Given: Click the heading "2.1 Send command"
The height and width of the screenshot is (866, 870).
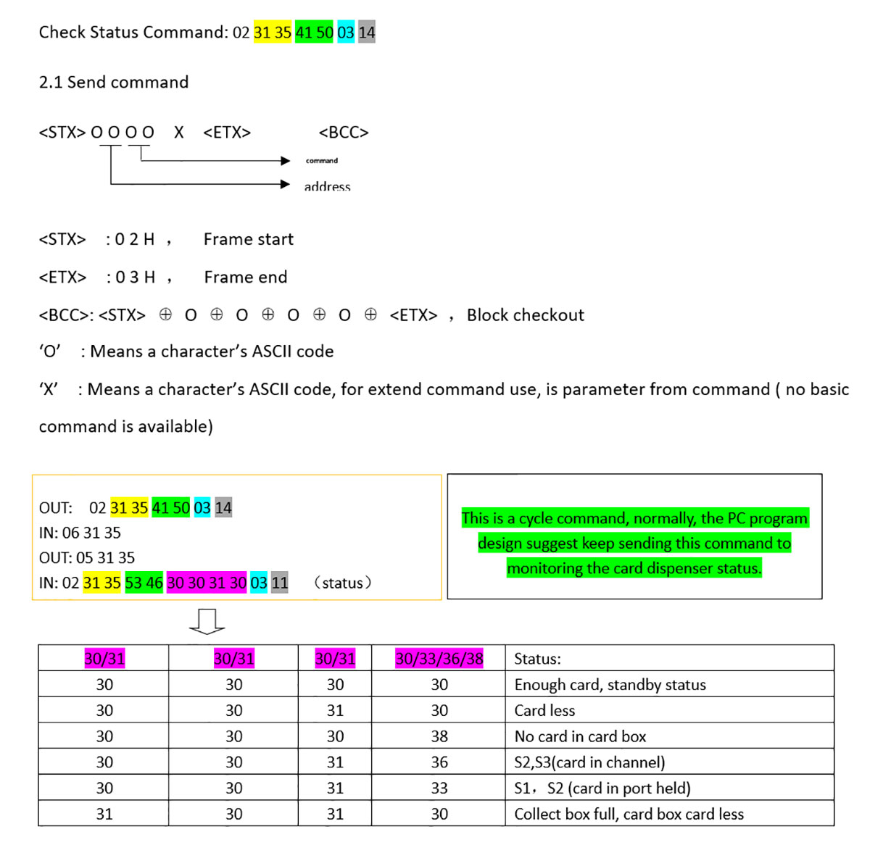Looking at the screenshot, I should [x=113, y=83].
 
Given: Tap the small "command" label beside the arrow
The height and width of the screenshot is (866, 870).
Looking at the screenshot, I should [x=321, y=161].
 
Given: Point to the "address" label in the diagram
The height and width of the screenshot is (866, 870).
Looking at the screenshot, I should [x=327, y=187].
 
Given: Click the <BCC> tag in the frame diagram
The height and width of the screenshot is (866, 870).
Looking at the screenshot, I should [x=344, y=133].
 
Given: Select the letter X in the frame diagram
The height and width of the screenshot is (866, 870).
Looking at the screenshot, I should [x=178, y=133].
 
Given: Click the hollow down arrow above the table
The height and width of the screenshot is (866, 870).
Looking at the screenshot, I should [x=207, y=622].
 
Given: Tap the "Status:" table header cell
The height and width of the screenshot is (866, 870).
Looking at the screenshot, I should [x=537, y=659].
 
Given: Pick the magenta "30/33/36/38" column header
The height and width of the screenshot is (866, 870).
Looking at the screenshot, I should [x=439, y=659].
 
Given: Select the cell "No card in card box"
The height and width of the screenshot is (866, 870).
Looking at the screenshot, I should [x=580, y=736].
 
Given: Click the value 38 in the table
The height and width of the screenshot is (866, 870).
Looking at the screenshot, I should [x=439, y=736].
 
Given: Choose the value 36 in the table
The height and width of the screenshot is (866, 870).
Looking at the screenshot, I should [x=439, y=762].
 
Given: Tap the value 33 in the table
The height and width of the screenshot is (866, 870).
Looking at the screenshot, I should [x=439, y=788].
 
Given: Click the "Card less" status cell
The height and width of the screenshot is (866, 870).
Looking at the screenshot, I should [x=544, y=711].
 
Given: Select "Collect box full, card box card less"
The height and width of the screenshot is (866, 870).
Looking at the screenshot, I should [x=629, y=815].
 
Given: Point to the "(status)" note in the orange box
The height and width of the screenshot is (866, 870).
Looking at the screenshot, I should [x=343, y=583].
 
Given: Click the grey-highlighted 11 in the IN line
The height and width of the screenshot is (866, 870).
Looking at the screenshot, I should [x=280, y=583].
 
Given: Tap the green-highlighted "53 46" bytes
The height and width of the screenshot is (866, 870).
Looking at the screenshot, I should [x=144, y=583].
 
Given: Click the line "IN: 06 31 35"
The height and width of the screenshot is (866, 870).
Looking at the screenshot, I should [x=80, y=533].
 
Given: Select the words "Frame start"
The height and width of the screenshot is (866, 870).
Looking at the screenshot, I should [x=249, y=240].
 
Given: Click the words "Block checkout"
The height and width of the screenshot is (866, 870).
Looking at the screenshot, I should [x=525, y=315].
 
